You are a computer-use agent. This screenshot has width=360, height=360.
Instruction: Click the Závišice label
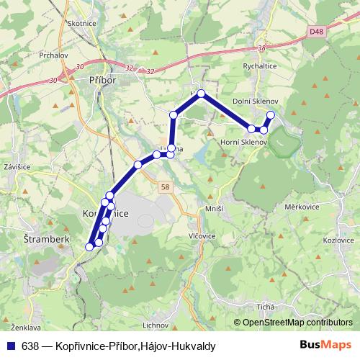tap(16, 167)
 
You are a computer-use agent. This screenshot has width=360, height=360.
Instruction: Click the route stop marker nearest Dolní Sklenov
tap(271, 115)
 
